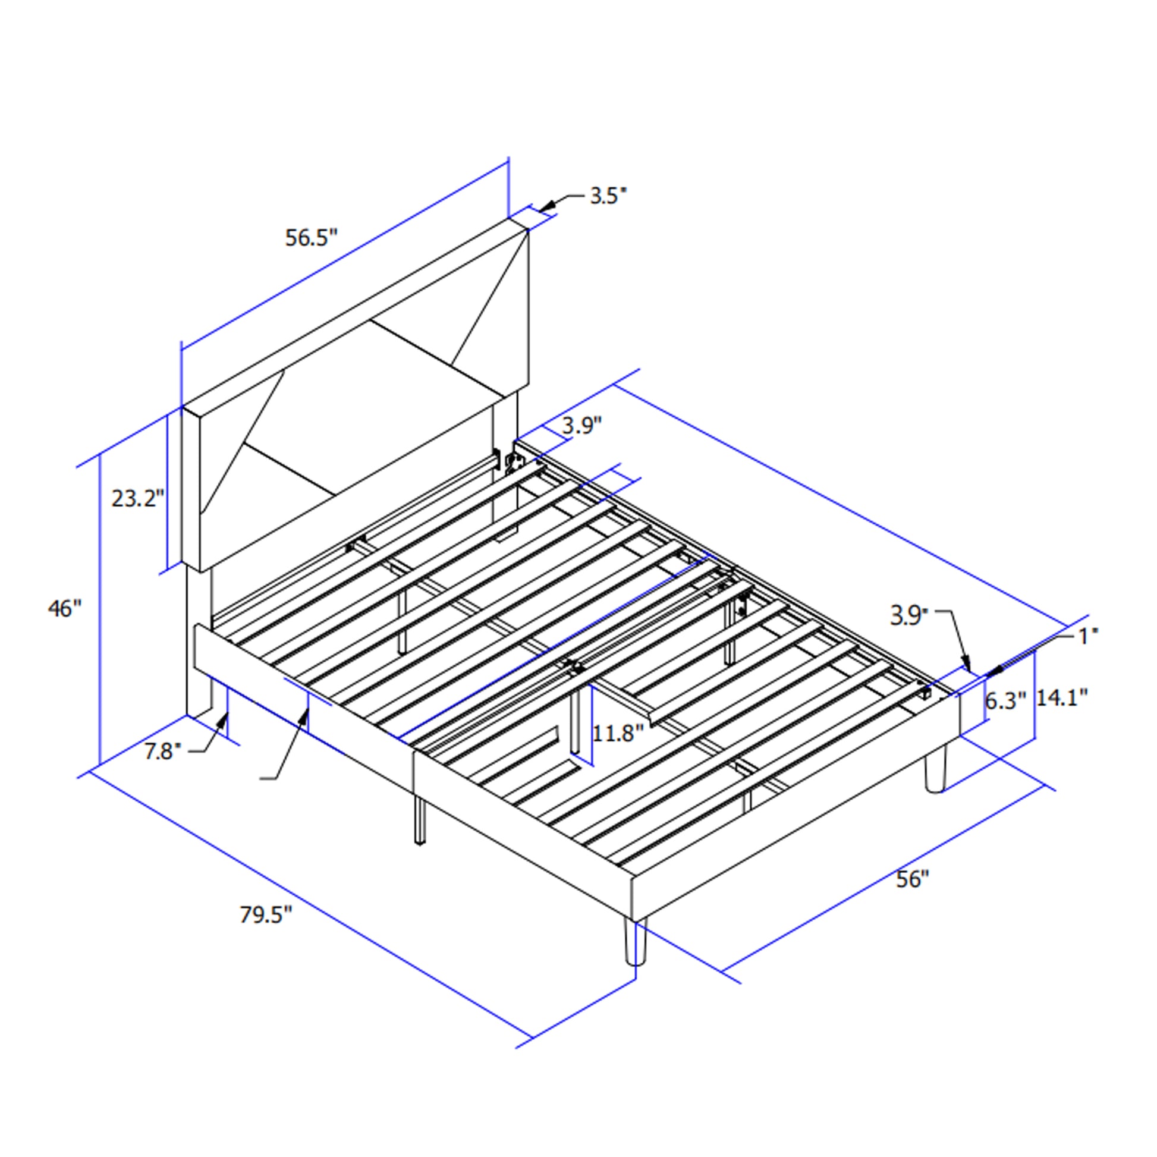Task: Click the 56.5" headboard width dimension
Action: [312, 238]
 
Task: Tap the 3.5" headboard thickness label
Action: [608, 196]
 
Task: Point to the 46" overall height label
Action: [64, 608]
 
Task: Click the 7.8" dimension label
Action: [162, 751]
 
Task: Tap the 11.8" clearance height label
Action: [618, 733]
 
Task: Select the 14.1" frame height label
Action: [1062, 697]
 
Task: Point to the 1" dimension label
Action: [1089, 637]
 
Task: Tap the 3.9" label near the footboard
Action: [908, 615]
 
